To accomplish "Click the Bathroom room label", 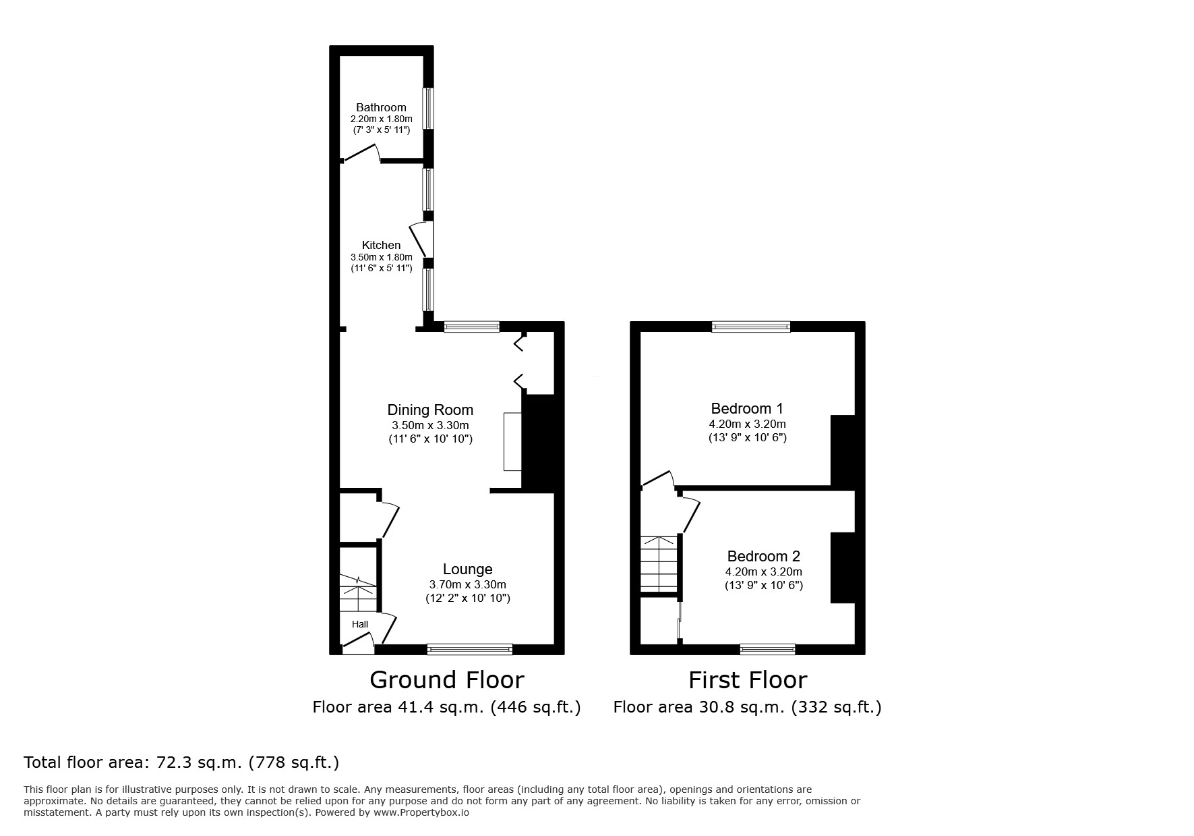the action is (x=381, y=107).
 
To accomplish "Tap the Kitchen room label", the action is (x=381, y=245).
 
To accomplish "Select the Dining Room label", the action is (x=430, y=410).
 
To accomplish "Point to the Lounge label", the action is (x=467, y=569).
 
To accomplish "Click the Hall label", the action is (x=360, y=624).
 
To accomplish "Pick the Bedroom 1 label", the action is (x=747, y=408).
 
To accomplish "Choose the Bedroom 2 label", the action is (x=763, y=556).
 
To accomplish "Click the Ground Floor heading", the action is (x=447, y=679).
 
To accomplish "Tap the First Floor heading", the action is (x=748, y=679).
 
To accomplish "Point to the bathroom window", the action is (x=428, y=108).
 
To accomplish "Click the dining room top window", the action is (x=471, y=327).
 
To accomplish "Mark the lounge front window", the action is (x=470, y=649).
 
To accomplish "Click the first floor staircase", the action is (x=659, y=564).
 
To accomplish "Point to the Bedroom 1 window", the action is (x=751, y=327).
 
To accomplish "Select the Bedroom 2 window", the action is (x=767, y=649).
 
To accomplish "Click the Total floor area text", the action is (x=181, y=762).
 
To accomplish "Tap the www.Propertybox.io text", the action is (x=421, y=812).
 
